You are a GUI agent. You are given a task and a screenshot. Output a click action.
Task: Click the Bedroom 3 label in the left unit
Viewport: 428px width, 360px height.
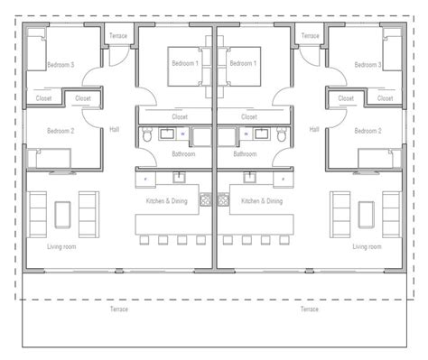tap(60, 65)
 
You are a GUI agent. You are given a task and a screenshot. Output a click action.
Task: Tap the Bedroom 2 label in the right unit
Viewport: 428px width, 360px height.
tap(368, 131)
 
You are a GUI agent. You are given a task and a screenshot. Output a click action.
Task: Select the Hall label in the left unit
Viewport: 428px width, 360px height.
tap(115, 130)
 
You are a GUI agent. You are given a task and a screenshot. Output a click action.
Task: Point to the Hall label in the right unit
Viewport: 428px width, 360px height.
tap(314, 130)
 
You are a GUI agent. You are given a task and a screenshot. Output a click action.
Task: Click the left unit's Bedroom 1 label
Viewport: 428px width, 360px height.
tap(185, 63)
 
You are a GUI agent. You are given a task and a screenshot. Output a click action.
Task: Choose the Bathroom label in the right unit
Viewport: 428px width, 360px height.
tap(245, 154)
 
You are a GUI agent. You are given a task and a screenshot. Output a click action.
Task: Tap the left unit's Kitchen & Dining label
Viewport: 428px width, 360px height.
tap(167, 201)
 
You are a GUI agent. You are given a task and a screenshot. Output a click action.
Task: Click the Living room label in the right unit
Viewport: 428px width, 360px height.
tap(367, 247)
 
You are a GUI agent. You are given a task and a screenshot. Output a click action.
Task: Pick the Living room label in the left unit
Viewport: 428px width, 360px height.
tap(61, 247)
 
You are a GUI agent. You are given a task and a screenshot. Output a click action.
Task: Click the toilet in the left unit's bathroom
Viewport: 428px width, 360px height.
tap(147, 134)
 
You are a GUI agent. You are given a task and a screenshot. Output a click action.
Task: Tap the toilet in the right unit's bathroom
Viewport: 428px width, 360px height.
tap(282, 134)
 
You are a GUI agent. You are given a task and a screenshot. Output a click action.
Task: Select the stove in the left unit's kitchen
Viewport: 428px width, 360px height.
tap(206, 199)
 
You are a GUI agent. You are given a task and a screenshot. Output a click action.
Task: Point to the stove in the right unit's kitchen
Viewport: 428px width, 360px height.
tap(223, 199)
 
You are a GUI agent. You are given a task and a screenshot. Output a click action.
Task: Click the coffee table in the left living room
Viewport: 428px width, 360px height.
tap(62, 215)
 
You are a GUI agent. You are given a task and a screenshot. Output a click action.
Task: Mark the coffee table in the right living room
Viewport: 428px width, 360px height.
tap(367, 215)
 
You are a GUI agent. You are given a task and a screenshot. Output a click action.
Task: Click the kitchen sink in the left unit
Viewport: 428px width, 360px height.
tap(179, 178)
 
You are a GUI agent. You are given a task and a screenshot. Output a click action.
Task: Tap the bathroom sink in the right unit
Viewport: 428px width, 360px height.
tap(261, 134)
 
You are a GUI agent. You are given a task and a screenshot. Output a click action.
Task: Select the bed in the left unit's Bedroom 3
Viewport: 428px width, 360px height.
tap(37, 50)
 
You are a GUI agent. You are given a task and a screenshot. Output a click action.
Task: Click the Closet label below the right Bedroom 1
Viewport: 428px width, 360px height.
tap(249, 117)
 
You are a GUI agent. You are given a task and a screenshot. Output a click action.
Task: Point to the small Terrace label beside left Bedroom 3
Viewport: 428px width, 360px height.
tap(118, 36)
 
